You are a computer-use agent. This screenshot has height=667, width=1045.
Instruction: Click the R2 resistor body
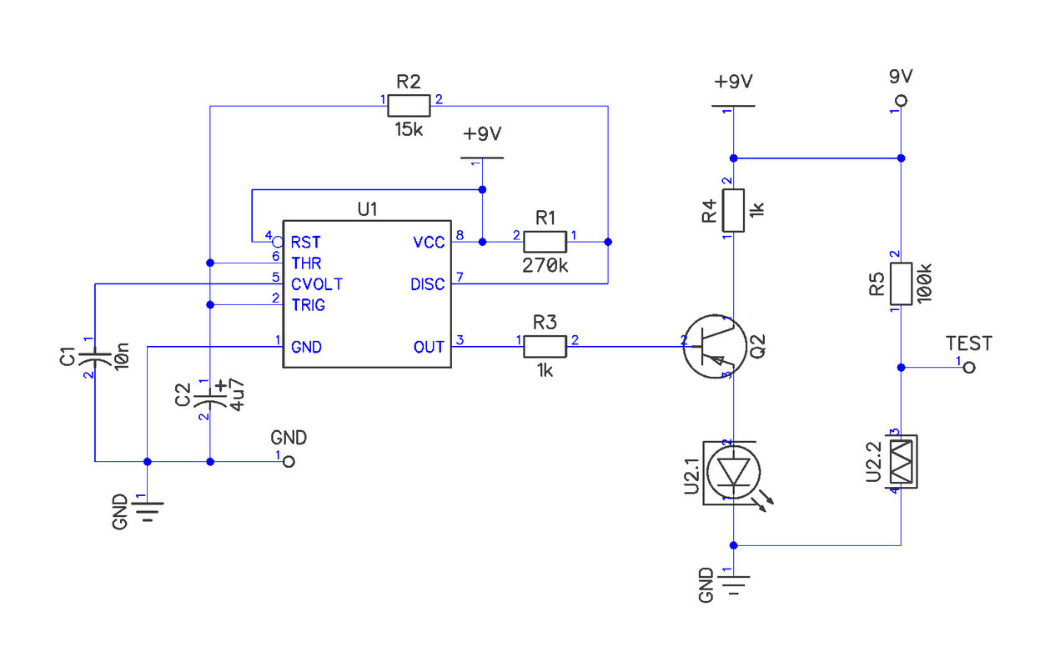pos(409,106)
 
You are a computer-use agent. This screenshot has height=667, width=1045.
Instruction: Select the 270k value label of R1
pos(545,266)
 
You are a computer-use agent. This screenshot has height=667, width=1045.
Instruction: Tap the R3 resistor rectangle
pos(545,347)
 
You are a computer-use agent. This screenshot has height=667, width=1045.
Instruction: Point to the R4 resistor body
pos(733,210)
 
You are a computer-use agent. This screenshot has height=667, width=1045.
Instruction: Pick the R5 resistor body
pos(901,283)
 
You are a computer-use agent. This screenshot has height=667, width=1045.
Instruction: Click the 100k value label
pos(924,283)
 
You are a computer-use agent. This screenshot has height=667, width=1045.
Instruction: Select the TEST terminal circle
pos(969,368)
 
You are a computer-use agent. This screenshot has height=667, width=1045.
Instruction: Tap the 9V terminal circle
pos(902,101)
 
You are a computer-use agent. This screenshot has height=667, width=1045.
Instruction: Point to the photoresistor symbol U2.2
pos(901,462)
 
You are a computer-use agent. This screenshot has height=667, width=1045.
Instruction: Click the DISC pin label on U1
pos(427,284)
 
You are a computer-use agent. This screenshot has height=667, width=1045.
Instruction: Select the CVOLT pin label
pos(317,284)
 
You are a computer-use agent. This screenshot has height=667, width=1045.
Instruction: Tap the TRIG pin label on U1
pos(308,305)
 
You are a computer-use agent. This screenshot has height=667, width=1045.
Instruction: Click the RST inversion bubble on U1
pos(278,242)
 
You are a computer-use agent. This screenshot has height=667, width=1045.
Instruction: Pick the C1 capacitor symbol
pos(95,358)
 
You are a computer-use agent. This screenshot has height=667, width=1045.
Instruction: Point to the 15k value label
pos(409,130)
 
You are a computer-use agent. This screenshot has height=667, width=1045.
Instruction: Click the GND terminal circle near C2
pos(289,462)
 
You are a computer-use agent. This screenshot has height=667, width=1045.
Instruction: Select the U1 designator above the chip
pos(368,209)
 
